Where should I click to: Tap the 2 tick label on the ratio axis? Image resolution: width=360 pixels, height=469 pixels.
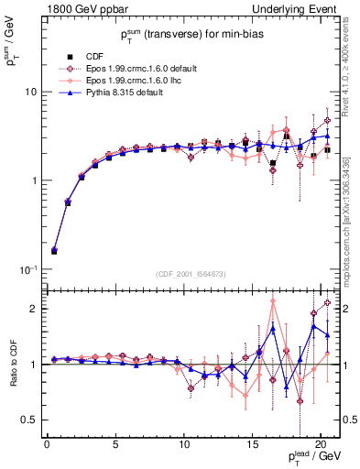tap(34, 309)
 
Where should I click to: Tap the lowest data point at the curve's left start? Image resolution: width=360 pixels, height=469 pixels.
tap(54, 250)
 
